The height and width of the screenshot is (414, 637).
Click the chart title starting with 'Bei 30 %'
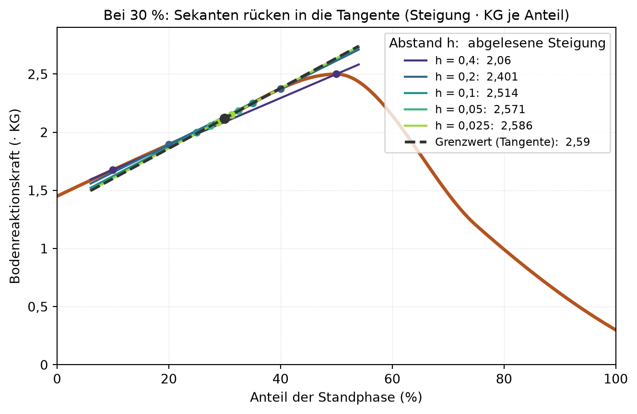coord(336,15)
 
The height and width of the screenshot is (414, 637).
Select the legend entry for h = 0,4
coord(457,60)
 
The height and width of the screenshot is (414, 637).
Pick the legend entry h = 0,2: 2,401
coord(460,77)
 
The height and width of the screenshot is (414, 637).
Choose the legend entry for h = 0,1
coord(460,93)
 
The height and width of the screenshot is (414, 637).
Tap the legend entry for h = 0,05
coord(464,109)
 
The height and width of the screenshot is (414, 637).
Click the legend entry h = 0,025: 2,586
coord(468,125)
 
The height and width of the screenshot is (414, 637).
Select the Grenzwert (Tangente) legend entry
coord(497,142)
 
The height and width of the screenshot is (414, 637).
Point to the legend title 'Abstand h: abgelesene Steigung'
coord(497,44)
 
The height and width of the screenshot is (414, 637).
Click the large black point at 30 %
coord(224,118)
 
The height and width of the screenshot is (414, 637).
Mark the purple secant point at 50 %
coord(336,74)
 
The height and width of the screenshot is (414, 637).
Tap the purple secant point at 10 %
coord(113,170)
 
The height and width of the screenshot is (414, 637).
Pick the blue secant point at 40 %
coord(281,89)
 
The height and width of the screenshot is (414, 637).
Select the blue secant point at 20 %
coord(169,144)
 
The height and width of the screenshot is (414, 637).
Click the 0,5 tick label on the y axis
coord(38,307)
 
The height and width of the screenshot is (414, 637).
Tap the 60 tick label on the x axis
coord(392,379)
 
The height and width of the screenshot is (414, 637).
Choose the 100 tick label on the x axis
coord(616,379)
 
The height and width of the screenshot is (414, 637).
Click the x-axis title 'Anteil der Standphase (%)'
coord(336,398)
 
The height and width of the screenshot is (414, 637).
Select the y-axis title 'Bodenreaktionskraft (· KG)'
coord(15,196)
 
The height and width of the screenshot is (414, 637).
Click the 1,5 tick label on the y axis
coord(38,190)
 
